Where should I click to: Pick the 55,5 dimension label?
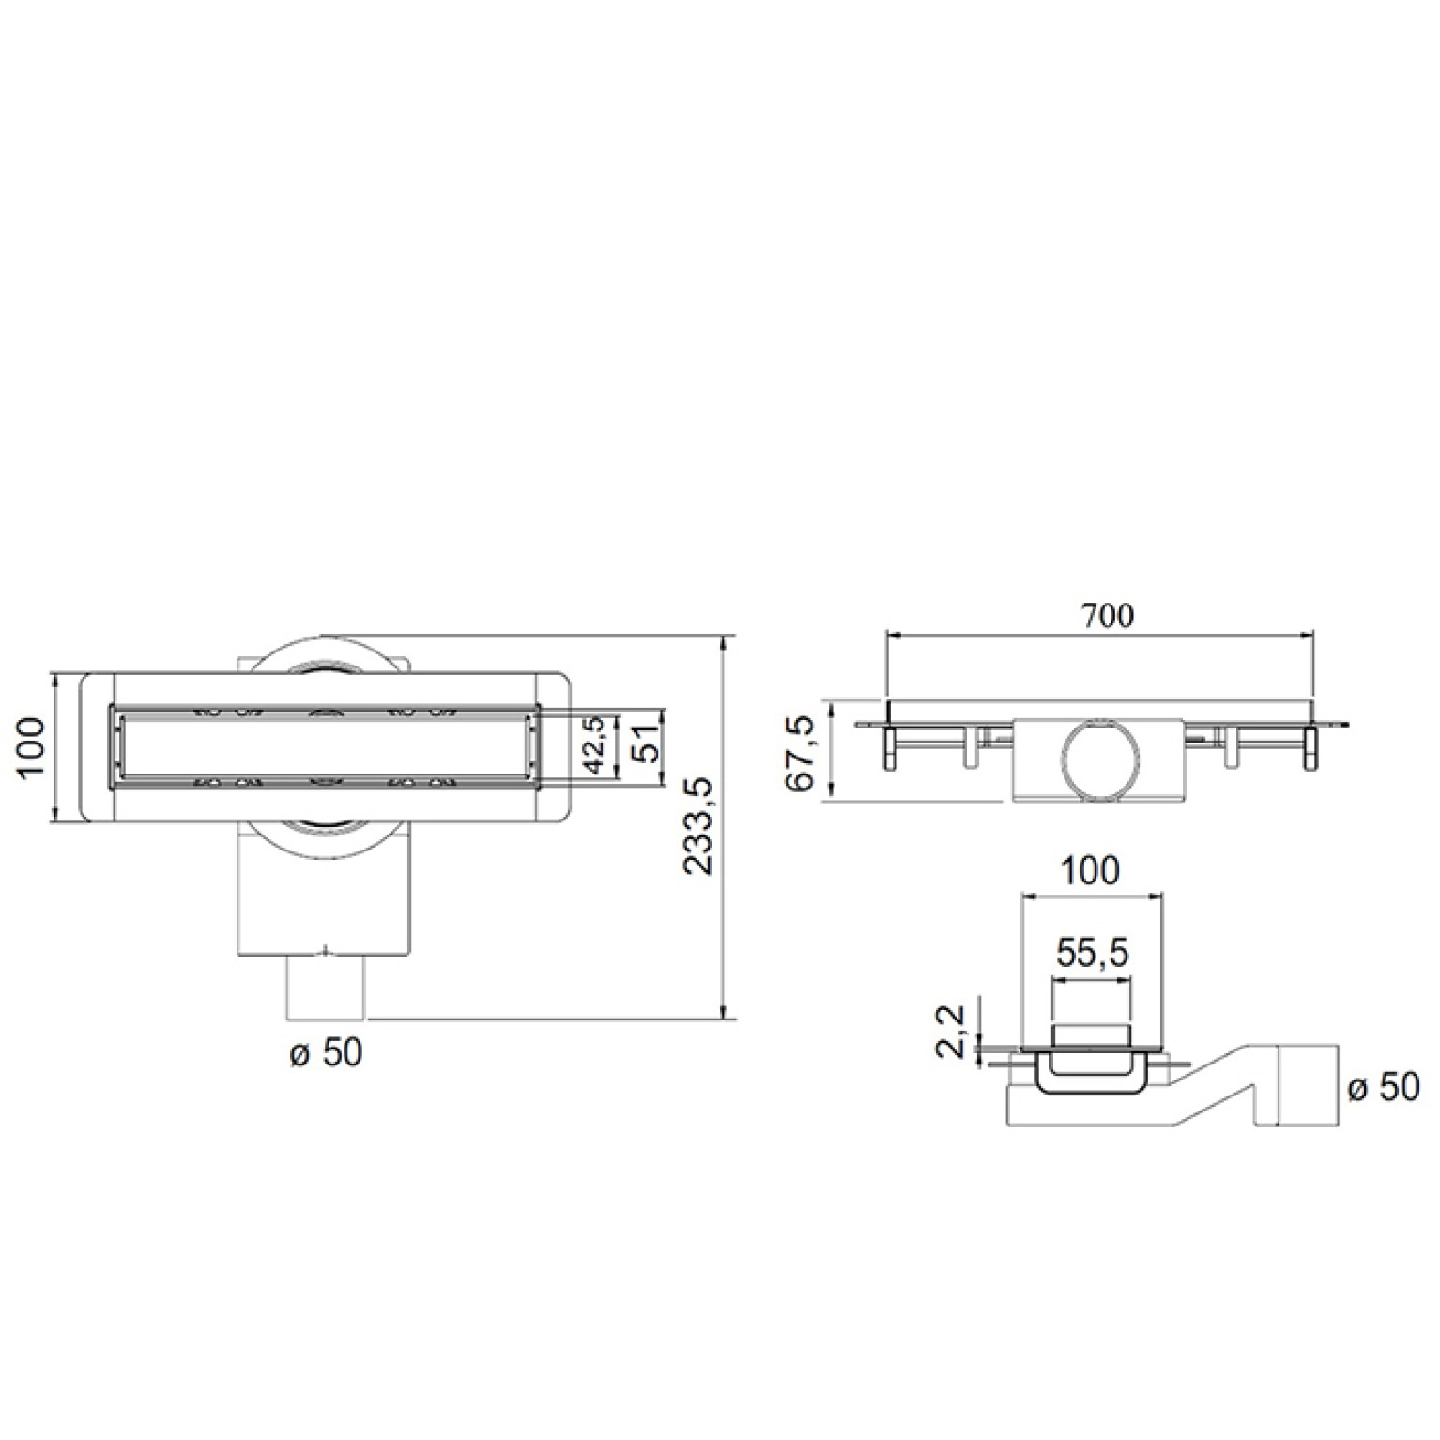(x=1092, y=954)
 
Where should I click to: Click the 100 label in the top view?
(x=32, y=748)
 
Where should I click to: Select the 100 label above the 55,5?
(x=1093, y=871)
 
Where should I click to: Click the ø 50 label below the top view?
(x=326, y=1052)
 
